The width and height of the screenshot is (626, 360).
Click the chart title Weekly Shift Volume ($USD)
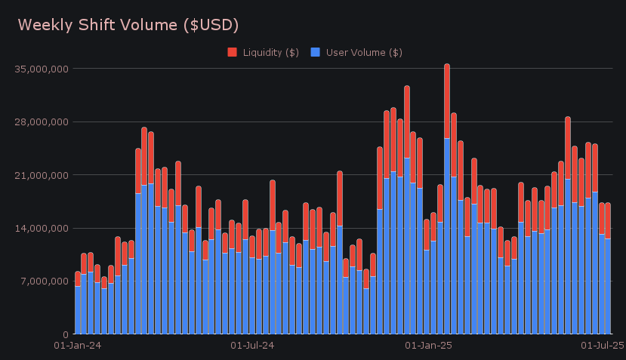coord(128,25)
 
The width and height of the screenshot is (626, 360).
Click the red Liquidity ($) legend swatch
coord(232,52)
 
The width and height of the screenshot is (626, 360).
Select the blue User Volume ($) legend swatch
coord(316,52)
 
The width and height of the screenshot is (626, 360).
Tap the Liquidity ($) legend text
coord(270,52)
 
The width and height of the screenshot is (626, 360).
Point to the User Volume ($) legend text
coord(364,52)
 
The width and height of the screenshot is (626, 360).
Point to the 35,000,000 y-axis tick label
coord(42,69)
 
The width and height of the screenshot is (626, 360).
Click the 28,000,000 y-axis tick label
coord(42,122)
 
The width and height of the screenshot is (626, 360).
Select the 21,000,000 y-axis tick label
coord(42,175)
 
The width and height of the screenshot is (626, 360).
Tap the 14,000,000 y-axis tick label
coord(42,228)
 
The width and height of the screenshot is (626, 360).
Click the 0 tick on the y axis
coord(66,334)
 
